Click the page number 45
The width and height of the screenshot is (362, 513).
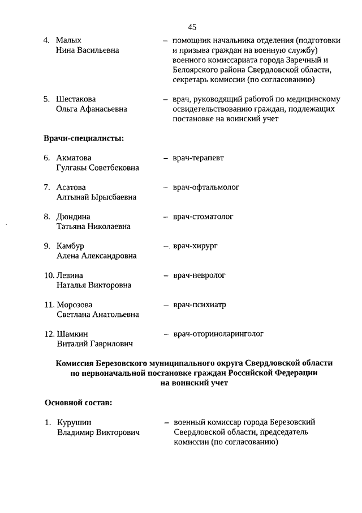pos(192,27)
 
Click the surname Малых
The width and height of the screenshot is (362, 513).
pos(68,40)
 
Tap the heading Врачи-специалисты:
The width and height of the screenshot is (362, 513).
pos(84,138)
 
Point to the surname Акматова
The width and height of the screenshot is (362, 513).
pos(74,158)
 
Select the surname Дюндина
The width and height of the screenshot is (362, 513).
pos(74,217)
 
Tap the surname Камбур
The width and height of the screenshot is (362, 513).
pos(70,246)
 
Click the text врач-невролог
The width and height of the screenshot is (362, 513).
pos(199,275)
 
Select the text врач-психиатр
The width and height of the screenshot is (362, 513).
pos(199,305)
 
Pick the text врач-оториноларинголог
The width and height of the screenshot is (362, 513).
pos(218,334)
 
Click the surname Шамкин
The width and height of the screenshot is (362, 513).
pos(72,334)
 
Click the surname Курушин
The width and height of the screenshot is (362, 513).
pos(74,422)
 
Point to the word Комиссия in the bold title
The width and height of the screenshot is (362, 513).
pos(76,363)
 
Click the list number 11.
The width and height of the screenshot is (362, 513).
pos(49,305)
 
